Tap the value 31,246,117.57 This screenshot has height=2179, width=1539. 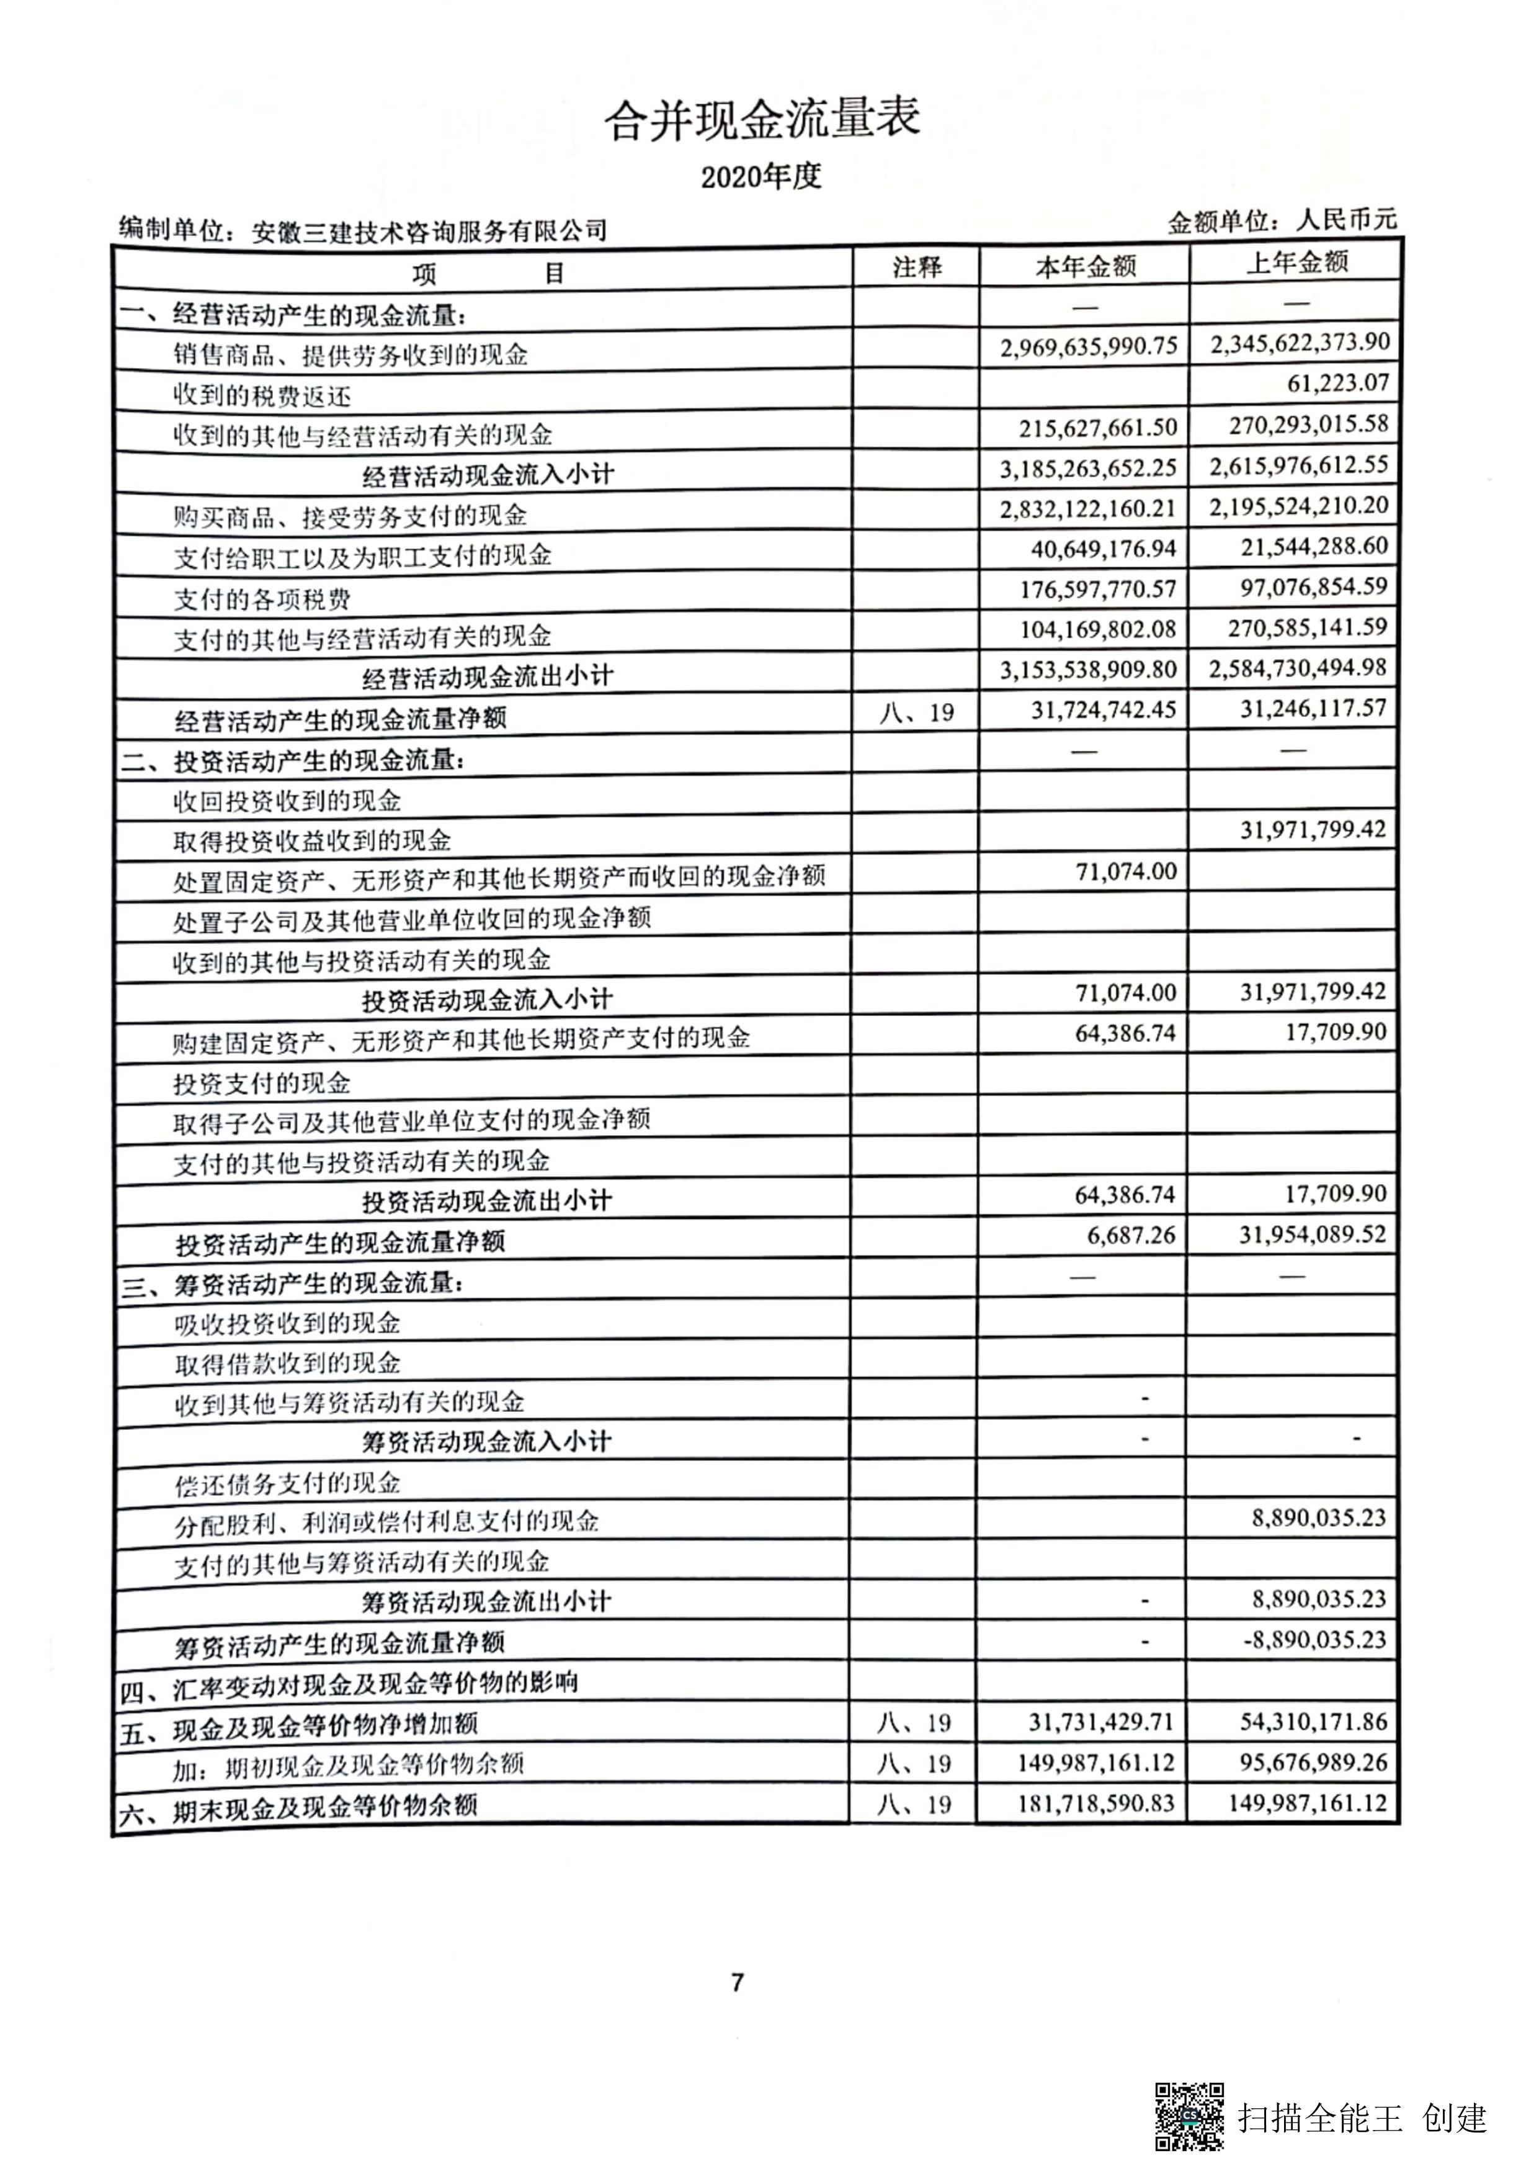click(x=1313, y=708)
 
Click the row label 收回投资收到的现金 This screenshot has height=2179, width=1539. click(x=287, y=801)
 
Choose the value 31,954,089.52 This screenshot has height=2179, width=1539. click(x=1313, y=1234)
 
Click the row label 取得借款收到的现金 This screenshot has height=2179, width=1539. click(x=287, y=1364)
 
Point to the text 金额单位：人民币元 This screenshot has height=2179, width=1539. click(x=1282, y=221)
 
